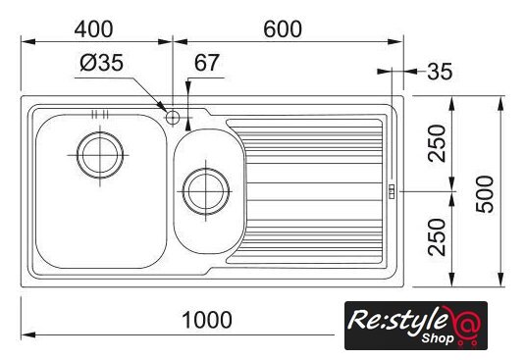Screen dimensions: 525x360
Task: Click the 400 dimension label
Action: point(94,29)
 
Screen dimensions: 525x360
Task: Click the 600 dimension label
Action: point(283,29)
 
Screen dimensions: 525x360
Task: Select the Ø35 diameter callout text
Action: point(102,63)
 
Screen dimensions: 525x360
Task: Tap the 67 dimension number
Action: point(207,63)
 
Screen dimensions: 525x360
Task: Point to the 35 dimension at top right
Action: point(440,72)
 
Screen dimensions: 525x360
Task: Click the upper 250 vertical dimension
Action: point(438,143)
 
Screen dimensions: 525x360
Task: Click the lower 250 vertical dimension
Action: point(438,237)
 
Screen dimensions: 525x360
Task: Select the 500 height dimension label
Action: point(485,194)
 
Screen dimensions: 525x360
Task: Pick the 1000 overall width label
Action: point(207,320)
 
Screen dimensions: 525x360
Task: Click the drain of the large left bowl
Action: point(100,155)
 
